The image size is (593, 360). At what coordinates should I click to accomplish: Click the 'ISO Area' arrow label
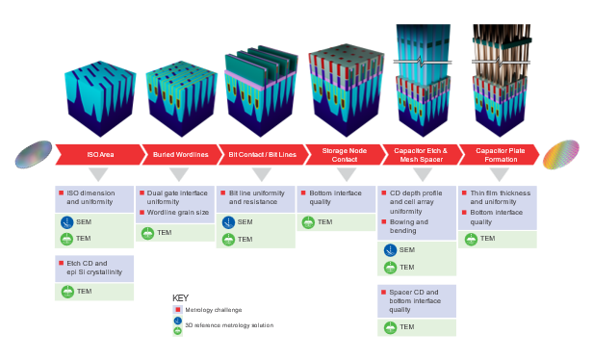(x=100, y=154)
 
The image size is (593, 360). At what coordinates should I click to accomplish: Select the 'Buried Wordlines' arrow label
(x=180, y=154)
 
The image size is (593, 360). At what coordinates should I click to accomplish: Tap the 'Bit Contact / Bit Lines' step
(x=263, y=154)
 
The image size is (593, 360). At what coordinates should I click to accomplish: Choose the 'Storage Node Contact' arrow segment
(x=344, y=153)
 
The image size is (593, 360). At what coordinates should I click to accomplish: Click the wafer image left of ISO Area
(x=33, y=154)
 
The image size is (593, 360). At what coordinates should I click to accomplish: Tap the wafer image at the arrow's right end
(x=560, y=154)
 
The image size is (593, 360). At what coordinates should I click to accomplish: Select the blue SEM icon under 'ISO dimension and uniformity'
(x=67, y=222)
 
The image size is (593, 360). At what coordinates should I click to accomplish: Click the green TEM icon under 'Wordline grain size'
(x=147, y=233)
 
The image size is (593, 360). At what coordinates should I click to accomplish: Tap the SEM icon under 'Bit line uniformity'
(x=228, y=222)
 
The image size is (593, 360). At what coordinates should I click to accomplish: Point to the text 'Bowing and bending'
(x=410, y=226)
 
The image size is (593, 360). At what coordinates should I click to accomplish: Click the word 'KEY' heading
(x=180, y=297)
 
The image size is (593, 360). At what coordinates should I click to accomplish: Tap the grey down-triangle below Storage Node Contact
(x=341, y=175)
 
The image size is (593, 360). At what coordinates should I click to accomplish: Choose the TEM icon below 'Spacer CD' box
(x=389, y=327)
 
